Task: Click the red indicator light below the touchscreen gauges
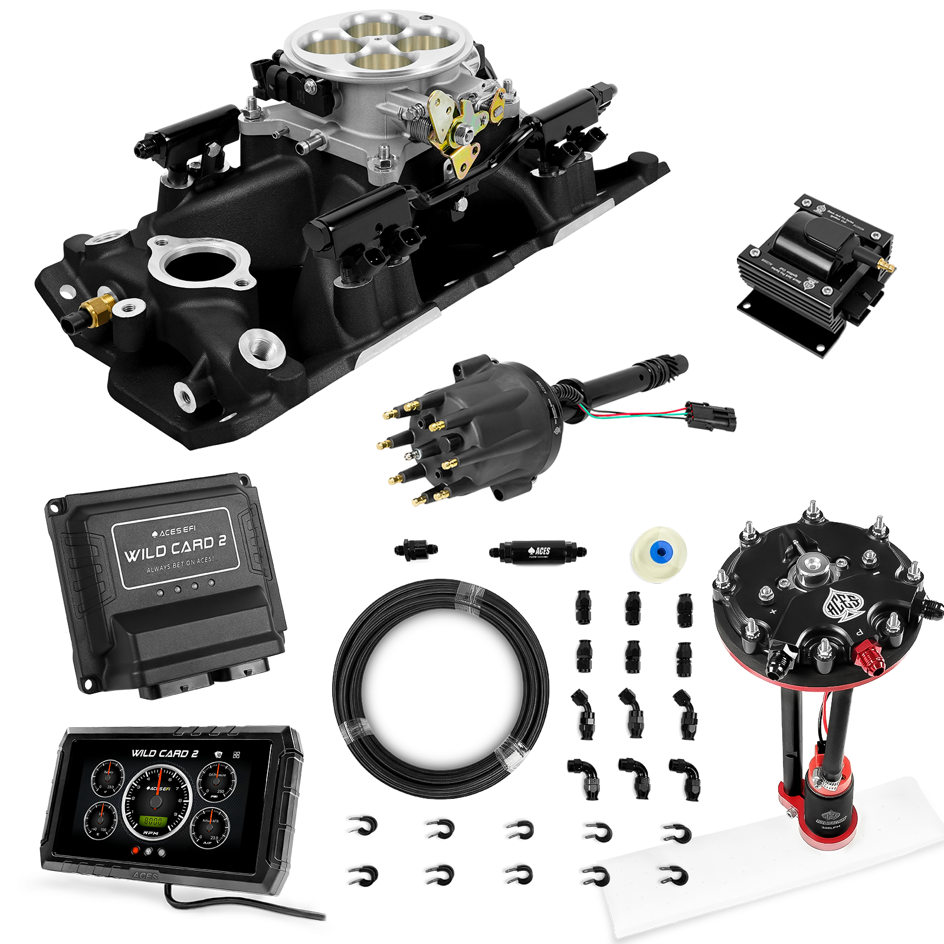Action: coord(136,851)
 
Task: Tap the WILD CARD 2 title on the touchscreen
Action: coord(160,753)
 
